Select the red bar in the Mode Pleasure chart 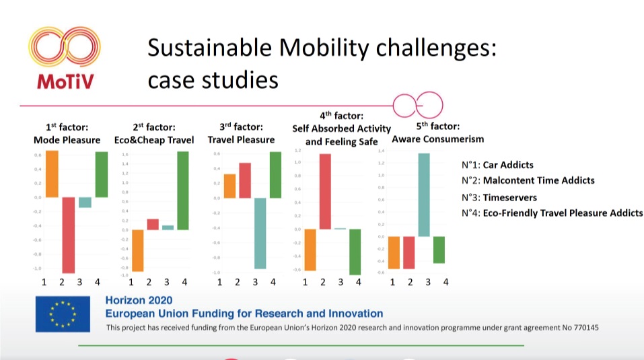pyautogui.click(x=68, y=234)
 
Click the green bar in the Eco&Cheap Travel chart pyautogui.click(x=183, y=190)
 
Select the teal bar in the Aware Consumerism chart pyautogui.click(x=423, y=195)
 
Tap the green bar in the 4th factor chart pyautogui.click(x=355, y=251)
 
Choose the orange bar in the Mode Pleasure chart pyautogui.click(x=52, y=174)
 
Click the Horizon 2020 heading pyautogui.click(x=139, y=300)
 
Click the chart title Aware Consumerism pyautogui.click(x=437, y=139)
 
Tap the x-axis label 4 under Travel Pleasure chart pyautogui.click(x=273, y=282)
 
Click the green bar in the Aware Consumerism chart pyautogui.click(x=439, y=250)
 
